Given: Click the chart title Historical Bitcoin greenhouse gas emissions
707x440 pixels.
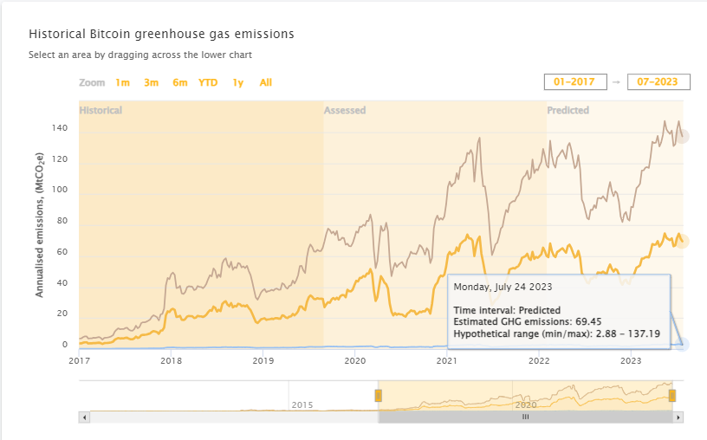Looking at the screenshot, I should pos(161,34).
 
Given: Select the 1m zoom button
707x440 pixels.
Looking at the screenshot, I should pos(122,83).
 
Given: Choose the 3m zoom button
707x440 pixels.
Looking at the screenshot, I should pos(151,83).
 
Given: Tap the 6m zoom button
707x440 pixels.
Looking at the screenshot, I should pos(179,83).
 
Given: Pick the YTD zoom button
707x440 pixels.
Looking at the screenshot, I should pos(208,83).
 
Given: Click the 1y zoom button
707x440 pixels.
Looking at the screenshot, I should pos(237,83).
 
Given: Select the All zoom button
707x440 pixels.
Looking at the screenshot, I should pos(266,83).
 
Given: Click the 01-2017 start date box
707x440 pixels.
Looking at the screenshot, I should pos(574,81).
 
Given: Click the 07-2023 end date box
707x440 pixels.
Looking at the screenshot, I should pos(658,81).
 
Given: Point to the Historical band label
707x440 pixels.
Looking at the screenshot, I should pos(101,111).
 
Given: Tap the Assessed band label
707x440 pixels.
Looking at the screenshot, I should pos(345,111).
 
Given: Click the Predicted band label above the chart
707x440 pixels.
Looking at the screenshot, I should pos(568,111).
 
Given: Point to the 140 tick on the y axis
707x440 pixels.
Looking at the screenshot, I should pos(60,128).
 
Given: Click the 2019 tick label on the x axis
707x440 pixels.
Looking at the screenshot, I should pos(263,360).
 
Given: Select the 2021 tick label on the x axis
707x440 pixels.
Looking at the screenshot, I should pos(447,360).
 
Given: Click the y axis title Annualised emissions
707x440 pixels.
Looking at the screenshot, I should pos(40,233).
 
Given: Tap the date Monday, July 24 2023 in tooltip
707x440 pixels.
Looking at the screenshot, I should pos(503,286).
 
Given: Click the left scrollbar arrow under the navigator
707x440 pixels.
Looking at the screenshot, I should pos(84,417).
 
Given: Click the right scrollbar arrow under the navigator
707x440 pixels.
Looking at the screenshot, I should pos(678,417).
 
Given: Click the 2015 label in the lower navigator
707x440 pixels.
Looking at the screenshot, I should pos(302,404).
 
